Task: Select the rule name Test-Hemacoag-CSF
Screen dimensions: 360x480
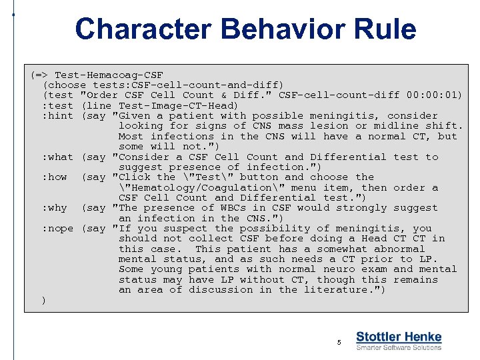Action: tap(109, 75)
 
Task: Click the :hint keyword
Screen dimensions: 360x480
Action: tap(58, 116)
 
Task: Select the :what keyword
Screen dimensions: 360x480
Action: tap(58, 157)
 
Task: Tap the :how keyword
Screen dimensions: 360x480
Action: tap(55, 177)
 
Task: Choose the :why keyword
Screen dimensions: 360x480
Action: tap(55, 208)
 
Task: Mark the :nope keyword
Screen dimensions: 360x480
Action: tap(58, 229)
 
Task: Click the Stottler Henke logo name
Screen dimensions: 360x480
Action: tap(399, 337)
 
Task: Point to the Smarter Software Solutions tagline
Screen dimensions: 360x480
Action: tap(399, 347)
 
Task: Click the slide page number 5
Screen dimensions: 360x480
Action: tap(339, 342)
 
